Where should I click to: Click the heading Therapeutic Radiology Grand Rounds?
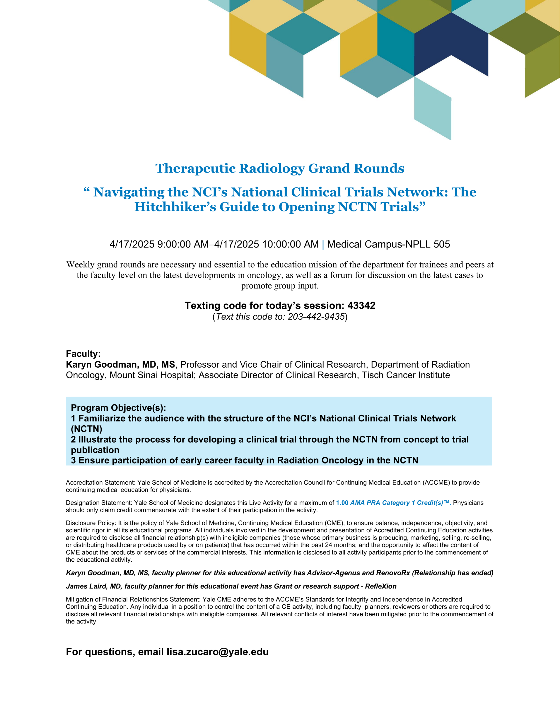click(280, 168)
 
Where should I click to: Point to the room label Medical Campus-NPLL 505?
click(388, 244)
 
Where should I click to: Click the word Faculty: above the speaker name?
click(83, 354)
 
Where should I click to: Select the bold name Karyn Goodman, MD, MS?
click(120, 364)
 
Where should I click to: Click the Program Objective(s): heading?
click(118, 408)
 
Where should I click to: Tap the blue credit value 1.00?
click(342, 503)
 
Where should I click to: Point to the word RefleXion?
click(381, 586)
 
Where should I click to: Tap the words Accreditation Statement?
click(101, 482)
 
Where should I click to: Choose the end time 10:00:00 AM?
click(290, 244)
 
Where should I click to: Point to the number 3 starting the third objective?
click(73, 460)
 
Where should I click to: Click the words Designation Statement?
click(99, 503)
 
